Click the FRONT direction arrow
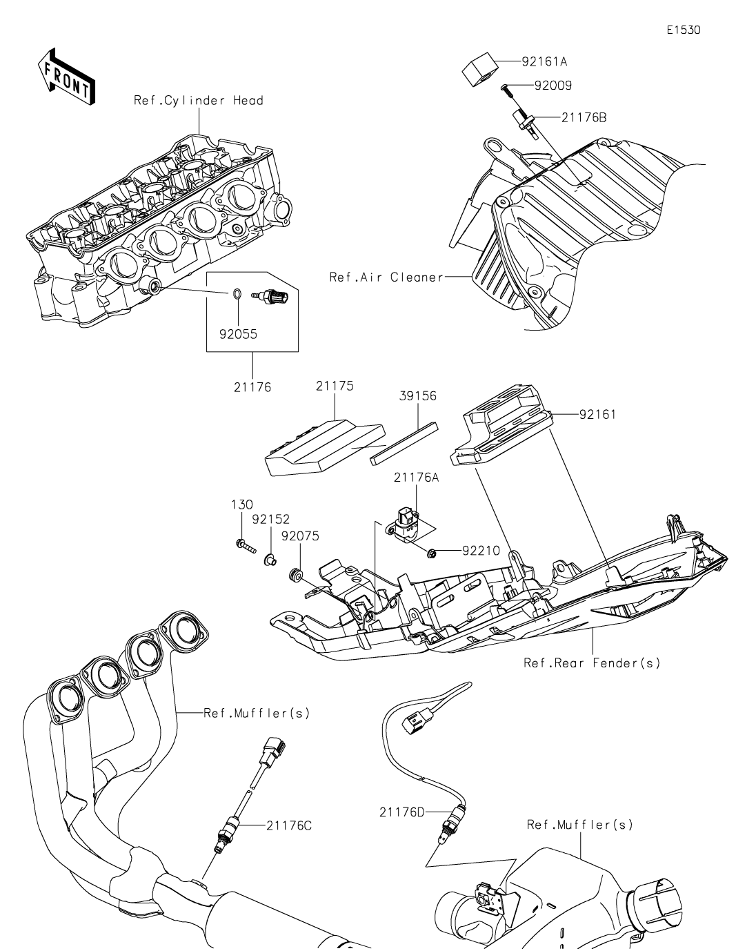pyautogui.click(x=66, y=77)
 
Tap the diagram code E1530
pyautogui.click(x=683, y=30)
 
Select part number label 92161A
pyautogui.click(x=544, y=61)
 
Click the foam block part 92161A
pyautogui.click(x=479, y=69)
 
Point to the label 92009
pyautogui.click(x=553, y=86)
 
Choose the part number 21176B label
pyautogui.click(x=584, y=118)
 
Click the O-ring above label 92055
pyautogui.click(x=237, y=293)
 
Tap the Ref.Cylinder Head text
pyautogui.click(x=199, y=101)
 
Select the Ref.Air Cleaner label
pyautogui.click(x=386, y=277)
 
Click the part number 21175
pyautogui.click(x=335, y=386)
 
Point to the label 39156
pyautogui.click(x=417, y=396)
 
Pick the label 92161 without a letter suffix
pyautogui.click(x=598, y=414)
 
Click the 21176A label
pyautogui.click(x=417, y=477)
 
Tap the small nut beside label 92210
pyautogui.click(x=431, y=554)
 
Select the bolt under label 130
pyautogui.click(x=246, y=546)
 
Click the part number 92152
pyautogui.click(x=270, y=519)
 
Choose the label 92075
pyautogui.click(x=300, y=536)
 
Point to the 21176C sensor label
pyautogui.click(x=289, y=826)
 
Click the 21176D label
pyautogui.click(x=402, y=812)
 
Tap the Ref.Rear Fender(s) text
pyautogui.click(x=592, y=663)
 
